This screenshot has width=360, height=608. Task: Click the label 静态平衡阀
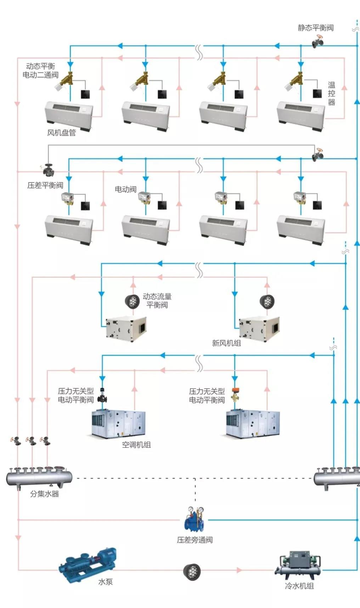point(315,28)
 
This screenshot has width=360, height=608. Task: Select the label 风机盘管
point(61,133)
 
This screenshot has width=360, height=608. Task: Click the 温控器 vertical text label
point(331,94)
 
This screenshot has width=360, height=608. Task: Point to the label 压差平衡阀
point(45,185)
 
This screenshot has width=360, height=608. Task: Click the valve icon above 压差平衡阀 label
point(48,169)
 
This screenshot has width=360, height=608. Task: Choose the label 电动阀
point(125,189)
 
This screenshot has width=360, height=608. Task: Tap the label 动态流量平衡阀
point(157,300)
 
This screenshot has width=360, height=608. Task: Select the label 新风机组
point(226,343)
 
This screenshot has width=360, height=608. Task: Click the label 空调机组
point(136,445)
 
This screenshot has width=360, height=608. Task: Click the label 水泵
point(105,581)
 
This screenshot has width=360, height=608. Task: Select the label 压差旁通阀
point(195,540)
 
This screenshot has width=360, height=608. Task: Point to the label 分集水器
point(44,494)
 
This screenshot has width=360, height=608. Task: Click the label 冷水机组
point(299,586)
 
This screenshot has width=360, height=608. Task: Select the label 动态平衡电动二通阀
point(40,71)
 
